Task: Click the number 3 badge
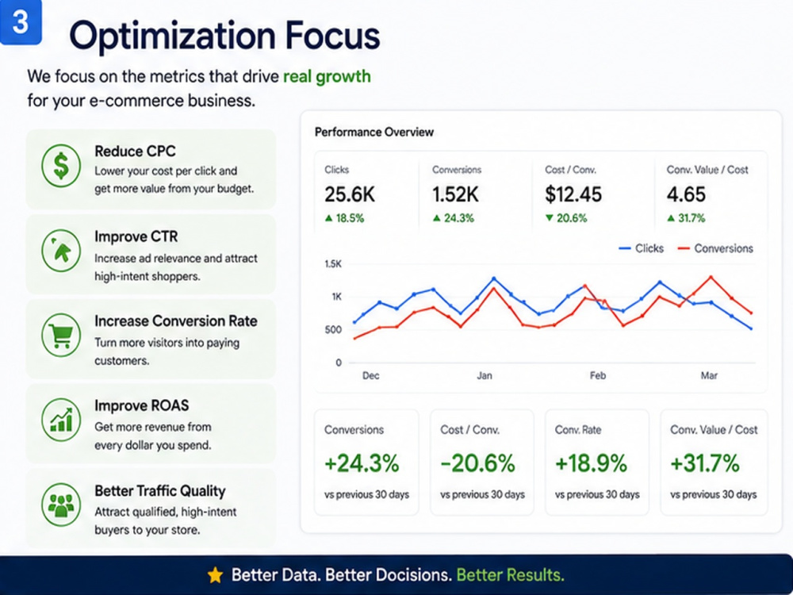[x=21, y=21]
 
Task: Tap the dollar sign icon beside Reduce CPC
[x=61, y=166]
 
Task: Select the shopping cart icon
[x=61, y=335]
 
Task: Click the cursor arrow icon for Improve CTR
[x=61, y=251]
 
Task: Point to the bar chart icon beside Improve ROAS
[x=61, y=420]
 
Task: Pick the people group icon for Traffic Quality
[x=61, y=505]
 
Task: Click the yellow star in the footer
[x=215, y=574]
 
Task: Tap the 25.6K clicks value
[x=350, y=194]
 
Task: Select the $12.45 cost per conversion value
[x=573, y=194]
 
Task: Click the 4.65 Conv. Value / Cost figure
[x=686, y=194]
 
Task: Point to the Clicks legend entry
[x=642, y=248]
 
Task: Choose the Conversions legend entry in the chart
[x=715, y=248]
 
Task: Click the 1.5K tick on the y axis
[x=333, y=263]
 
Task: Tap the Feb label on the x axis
[x=597, y=375]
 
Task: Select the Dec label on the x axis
[x=370, y=375]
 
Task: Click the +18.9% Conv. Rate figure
[x=591, y=463]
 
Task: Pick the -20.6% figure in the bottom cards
[x=477, y=463]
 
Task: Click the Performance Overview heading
[x=374, y=132]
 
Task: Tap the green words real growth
[x=327, y=76]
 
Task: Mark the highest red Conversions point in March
[x=711, y=277]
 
